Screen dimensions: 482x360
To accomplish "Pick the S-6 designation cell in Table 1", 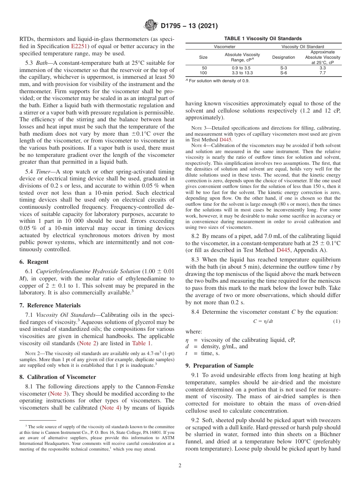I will (x=283, y=73).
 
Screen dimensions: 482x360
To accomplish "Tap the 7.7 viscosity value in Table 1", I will (x=322, y=73).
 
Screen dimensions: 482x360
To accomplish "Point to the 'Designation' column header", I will (x=283, y=57).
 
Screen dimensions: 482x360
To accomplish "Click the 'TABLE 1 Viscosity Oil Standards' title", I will (x=263, y=39).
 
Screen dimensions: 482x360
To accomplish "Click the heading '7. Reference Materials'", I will (x=50, y=305).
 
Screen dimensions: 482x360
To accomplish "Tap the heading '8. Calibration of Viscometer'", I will (x=57, y=377).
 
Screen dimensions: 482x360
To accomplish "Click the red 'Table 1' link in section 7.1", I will (x=141, y=344).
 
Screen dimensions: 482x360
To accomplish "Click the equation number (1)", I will (x=337, y=321).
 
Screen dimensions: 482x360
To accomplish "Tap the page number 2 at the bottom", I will (x=180, y=466).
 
